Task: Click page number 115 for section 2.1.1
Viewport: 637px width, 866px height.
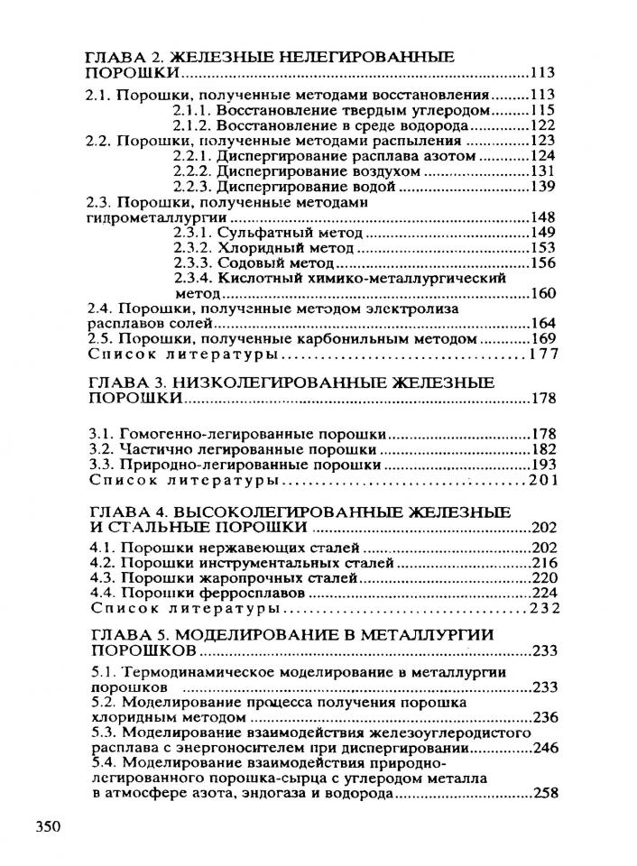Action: pos(541,110)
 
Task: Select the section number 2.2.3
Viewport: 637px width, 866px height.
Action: pos(191,187)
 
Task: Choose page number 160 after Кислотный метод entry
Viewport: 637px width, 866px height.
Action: pos(542,294)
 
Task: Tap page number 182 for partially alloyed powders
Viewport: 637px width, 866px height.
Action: pos(541,448)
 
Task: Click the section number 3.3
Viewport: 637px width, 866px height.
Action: pos(100,464)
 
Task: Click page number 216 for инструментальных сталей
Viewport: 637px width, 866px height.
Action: pos(541,564)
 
